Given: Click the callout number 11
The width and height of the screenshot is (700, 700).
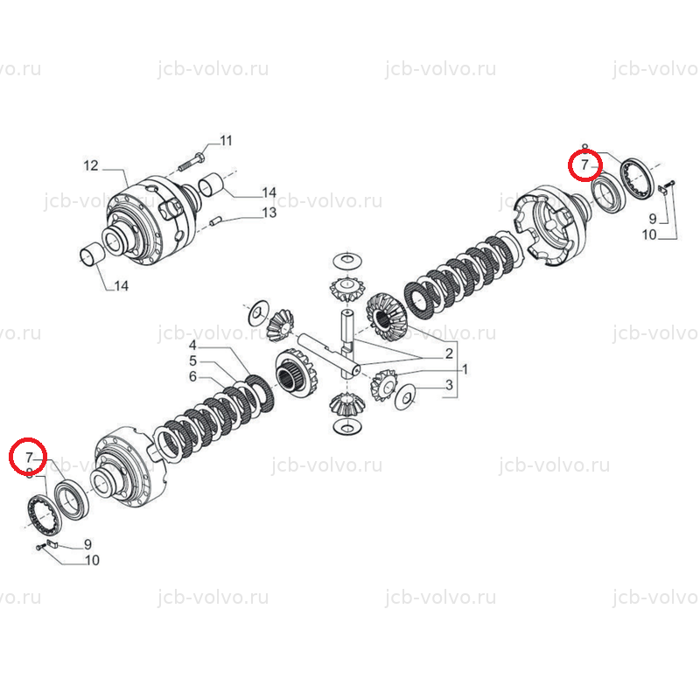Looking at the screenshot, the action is (227, 141).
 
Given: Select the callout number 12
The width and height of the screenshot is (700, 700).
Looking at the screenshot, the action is (91, 165).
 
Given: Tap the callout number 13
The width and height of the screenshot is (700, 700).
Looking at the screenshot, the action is (269, 213).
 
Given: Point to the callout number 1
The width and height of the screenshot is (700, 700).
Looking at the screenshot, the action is (465, 369).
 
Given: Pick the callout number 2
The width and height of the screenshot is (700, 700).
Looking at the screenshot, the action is (449, 353).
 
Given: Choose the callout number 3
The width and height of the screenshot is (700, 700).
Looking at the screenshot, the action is (449, 384).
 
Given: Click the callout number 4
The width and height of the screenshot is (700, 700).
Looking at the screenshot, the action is (192, 345).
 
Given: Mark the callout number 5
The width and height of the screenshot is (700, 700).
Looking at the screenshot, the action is (192, 360).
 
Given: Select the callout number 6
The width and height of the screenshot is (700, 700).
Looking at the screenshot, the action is (192, 376).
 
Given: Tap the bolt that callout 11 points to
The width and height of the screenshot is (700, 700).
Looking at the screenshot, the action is (192, 162).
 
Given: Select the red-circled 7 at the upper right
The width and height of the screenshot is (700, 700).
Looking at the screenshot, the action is (585, 165).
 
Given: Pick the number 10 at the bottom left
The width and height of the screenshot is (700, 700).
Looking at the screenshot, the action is (92, 560).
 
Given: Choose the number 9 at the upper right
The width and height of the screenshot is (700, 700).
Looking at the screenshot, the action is (653, 219).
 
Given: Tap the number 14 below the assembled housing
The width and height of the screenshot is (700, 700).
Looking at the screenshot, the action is (122, 286).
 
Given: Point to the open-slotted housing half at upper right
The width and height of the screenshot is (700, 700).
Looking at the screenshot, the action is (550, 226).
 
